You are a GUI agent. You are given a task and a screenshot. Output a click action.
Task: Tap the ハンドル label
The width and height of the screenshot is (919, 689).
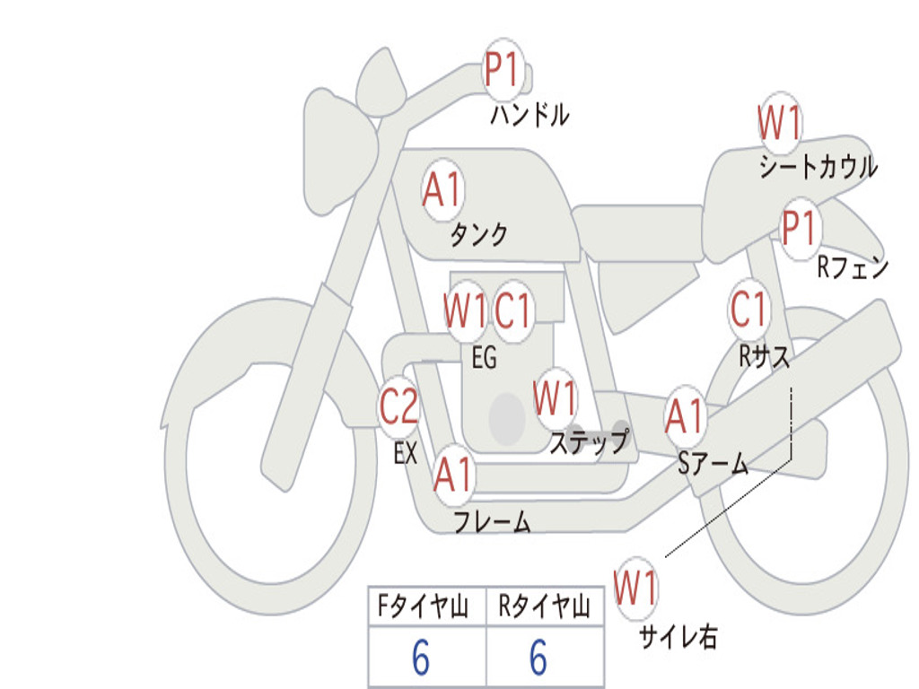(530, 114)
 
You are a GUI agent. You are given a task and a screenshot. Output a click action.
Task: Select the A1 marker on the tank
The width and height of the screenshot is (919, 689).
(442, 190)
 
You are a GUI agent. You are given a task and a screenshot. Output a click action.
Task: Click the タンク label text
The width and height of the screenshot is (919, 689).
(478, 234)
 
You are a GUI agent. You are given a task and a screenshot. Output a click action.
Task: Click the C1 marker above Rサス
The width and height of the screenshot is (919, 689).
(749, 310)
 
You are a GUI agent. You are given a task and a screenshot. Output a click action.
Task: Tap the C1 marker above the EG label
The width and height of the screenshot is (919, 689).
(512, 310)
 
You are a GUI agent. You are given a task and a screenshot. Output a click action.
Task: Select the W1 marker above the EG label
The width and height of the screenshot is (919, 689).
(466, 310)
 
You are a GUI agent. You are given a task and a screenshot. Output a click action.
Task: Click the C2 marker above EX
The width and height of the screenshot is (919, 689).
(399, 406)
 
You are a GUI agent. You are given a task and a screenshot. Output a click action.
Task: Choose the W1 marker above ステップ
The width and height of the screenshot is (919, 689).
(555, 398)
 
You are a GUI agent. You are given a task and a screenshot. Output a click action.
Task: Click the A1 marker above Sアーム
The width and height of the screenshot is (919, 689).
(685, 416)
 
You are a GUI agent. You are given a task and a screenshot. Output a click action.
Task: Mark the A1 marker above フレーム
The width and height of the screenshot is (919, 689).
(453, 474)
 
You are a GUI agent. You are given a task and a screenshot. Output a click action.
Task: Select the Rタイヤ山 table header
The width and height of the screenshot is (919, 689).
(545, 606)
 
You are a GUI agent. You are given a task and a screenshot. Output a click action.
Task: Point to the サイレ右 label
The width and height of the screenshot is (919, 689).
(678, 637)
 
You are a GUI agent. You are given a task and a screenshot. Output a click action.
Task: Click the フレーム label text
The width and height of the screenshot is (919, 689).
(493, 521)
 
